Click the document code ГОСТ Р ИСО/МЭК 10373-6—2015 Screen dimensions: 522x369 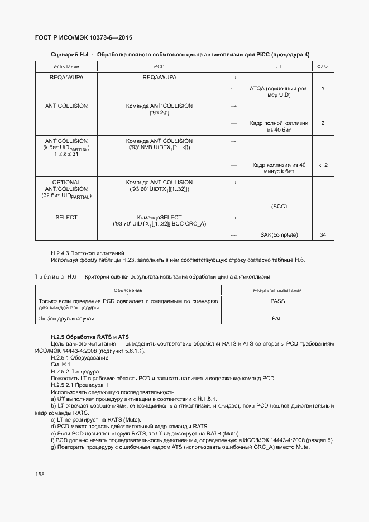83,38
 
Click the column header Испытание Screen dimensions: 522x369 66,66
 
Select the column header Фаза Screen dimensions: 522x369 323,66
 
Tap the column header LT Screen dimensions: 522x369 279,66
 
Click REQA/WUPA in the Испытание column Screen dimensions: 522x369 66,77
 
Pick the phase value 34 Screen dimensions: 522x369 323,235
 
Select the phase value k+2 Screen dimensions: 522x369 323,165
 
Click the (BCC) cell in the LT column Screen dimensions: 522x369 279,206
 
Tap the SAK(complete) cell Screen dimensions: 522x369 279,235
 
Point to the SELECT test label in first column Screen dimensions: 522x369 66,217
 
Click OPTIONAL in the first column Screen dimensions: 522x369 66,182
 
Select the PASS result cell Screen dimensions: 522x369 277,301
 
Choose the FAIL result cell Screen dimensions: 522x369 277,318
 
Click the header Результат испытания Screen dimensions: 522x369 277,290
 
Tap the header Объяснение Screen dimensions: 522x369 128,290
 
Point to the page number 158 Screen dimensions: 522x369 40,473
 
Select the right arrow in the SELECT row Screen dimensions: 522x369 234,217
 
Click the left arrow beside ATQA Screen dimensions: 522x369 234,89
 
